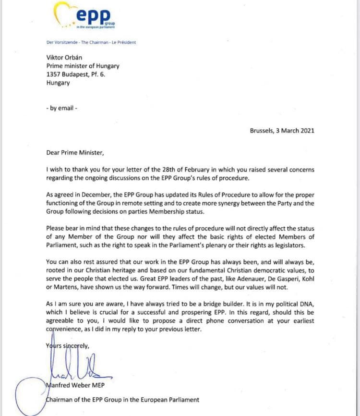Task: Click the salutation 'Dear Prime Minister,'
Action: click(74, 153)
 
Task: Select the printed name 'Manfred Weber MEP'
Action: click(77, 387)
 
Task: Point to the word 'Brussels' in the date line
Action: click(263, 130)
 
